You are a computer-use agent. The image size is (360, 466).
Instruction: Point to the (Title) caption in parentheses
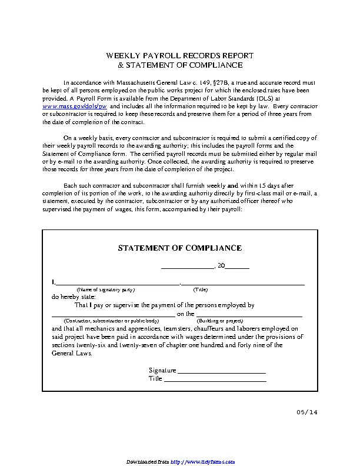[201, 290]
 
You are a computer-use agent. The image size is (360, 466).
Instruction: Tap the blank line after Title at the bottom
[215, 380]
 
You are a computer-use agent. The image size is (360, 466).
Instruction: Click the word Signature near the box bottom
[162, 371]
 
